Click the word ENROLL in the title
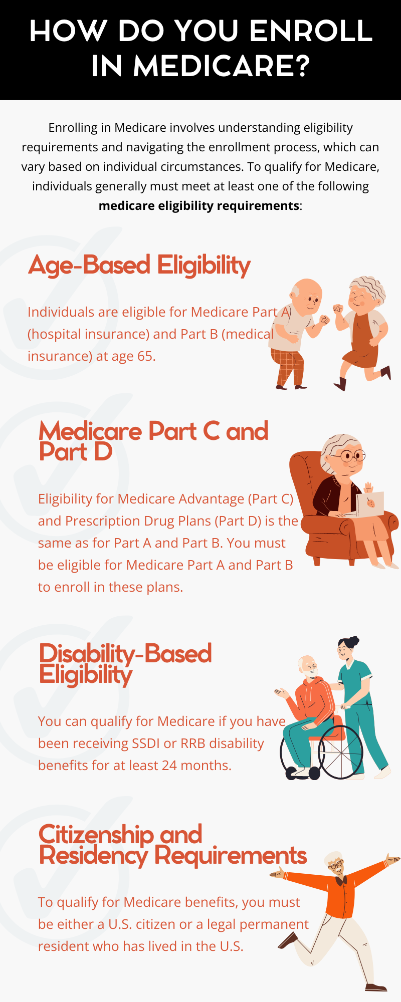pyautogui.click(x=311, y=31)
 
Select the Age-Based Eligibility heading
pyautogui.click(x=139, y=265)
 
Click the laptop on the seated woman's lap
pyautogui.click(x=370, y=504)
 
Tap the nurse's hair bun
pyautogui.click(x=354, y=640)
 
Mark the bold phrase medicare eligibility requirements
pyautogui.click(x=199, y=206)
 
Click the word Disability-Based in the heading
pyautogui.click(x=125, y=654)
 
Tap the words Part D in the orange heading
pyautogui.click(x=76, y=451)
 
